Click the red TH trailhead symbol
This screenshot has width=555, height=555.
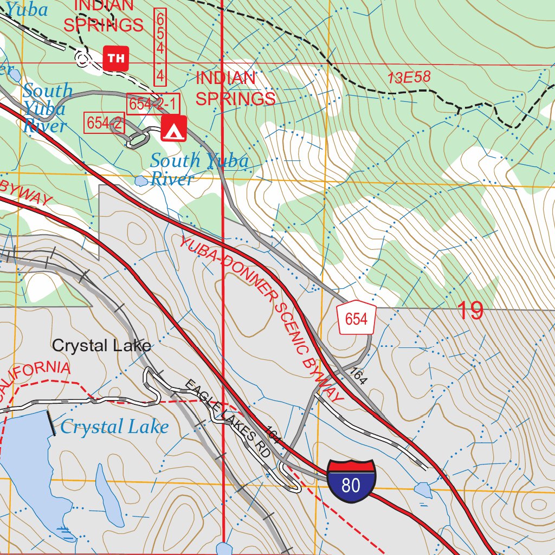click(x=115, y=58)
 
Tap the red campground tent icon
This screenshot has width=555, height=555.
click(x=173, y=128)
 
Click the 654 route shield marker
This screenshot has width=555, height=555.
click(x=356, y=319)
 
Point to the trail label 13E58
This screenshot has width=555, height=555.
click(x=409, y=78)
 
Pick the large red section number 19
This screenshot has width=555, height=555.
click(x=470, y=311)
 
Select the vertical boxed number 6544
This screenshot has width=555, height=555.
click(x=160, y=47)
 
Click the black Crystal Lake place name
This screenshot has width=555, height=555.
click(x=101, y=346)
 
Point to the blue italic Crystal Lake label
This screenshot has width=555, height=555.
click(x=114, y=427)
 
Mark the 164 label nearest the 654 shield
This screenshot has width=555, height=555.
click(x=358, y=376)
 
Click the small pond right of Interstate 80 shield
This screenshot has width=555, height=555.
click(x=423, y=491)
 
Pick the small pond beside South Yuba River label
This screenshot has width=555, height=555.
click(x=141, y=180)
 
